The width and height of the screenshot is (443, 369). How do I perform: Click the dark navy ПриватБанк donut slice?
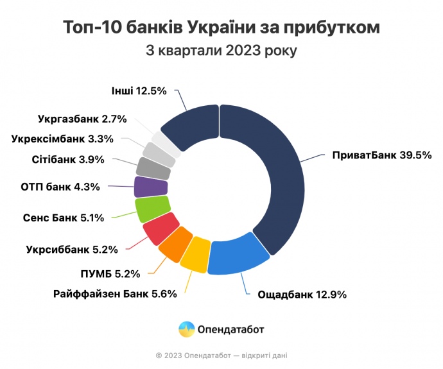click(276, 173)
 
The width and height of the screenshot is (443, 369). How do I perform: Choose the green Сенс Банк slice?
click(153, 208)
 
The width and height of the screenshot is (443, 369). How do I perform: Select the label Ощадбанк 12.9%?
click(302, 295)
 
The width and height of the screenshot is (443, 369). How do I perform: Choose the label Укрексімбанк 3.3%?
click(62, 138)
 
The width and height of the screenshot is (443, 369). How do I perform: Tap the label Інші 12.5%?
click(139, 91)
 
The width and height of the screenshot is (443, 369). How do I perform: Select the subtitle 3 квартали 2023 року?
click(221, 51)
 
